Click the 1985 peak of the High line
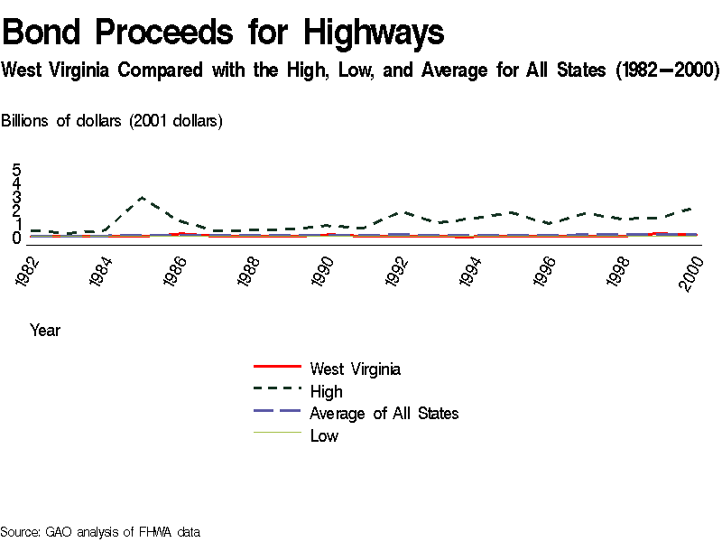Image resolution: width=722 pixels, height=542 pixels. click(x=142, y=197)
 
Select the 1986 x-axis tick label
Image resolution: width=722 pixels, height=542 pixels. click(x=176, y=271)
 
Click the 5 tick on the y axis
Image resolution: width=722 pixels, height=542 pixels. click(x=16, y=170)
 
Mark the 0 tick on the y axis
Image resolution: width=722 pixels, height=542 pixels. click(x=16, y=238)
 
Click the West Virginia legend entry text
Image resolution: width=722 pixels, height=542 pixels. click(x=355, y=369)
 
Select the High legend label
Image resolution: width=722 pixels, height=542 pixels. click(x=326, y=391)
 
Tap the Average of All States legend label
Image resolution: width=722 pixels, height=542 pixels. click(x=384, y=414)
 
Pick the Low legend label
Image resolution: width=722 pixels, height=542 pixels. click(x=324, y=436)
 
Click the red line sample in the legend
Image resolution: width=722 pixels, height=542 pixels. click(x=277, y=366)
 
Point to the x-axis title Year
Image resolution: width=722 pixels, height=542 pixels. click(x=45, y=331)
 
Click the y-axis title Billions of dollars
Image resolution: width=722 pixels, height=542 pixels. click(x=112, y=121)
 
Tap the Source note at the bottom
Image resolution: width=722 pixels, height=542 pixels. click(x=99, y=532)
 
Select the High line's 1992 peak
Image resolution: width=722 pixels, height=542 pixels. click(x=401, y=212)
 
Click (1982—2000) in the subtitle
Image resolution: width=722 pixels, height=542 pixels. click(x=666, y=70)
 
